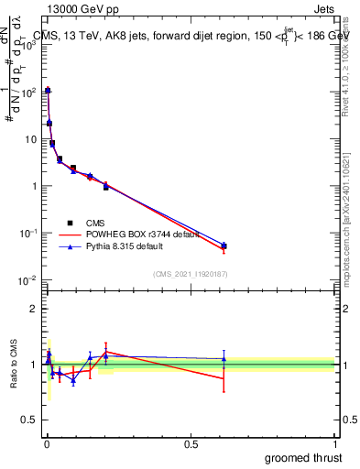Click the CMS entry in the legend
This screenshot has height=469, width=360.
(93, 223)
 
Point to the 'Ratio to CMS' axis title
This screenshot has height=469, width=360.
(14, 364)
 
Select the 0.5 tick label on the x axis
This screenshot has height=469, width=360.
(191, 444)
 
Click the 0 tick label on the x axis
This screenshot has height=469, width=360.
(47, 444)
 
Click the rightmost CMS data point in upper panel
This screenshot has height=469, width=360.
(224, 245)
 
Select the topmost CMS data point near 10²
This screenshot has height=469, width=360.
(48, 91)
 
